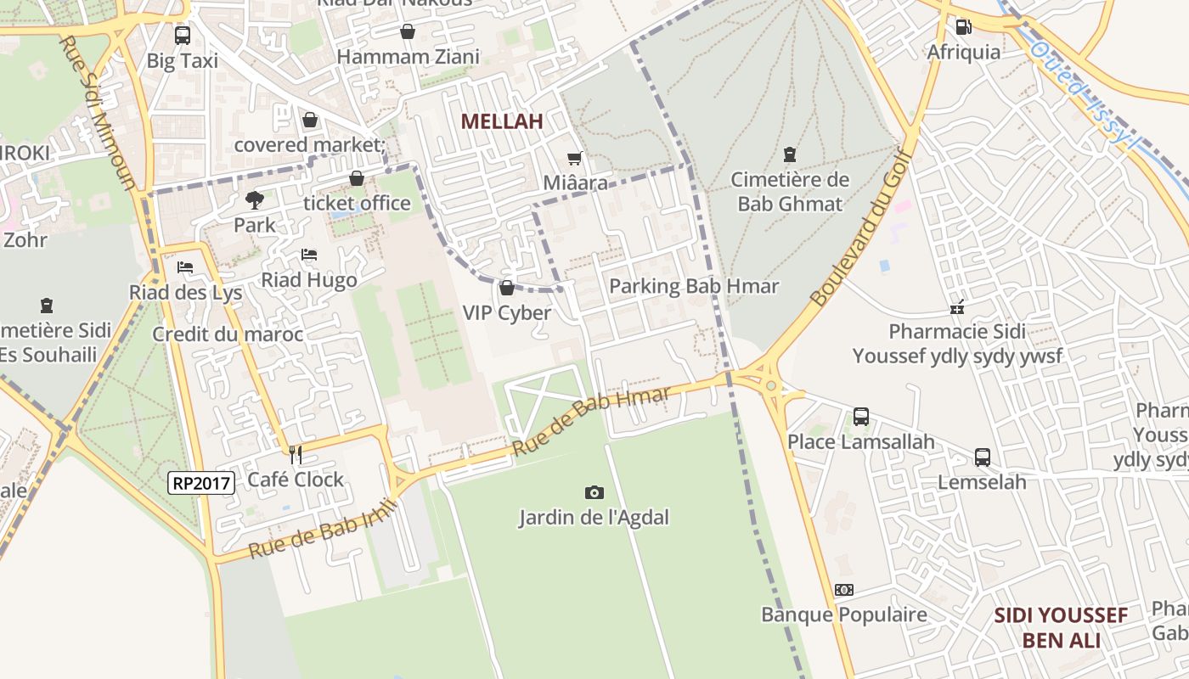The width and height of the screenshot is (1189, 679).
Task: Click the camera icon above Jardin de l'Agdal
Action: click(594, 492)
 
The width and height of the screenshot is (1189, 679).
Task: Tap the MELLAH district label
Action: click(501, 121)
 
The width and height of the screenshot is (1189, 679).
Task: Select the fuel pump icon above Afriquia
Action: click(963, 27)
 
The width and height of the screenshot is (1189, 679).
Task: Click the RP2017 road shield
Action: click(201, 483)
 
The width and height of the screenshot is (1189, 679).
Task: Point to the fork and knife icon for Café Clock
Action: click(296, 455)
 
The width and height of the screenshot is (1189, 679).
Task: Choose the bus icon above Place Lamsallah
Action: click(860, 417)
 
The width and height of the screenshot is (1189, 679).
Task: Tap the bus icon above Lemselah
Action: click(982, 457)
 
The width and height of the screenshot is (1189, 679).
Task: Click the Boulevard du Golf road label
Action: click(859, 228)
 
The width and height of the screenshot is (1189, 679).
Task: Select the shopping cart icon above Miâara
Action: click(575, 158)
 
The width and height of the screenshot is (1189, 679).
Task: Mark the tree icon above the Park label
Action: click(254, 200)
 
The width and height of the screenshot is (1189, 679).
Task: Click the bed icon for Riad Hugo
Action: click(309, 255)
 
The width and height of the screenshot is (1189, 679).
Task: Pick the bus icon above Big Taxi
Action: click(182, 36)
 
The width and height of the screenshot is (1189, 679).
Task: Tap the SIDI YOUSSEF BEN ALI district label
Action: click(1061, 627)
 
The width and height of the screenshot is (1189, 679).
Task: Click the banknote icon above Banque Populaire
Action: click(843, 590)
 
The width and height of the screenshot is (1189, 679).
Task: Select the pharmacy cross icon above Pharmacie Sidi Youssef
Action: click(957, 307)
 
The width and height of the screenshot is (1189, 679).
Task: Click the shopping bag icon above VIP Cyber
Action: click(507, 289)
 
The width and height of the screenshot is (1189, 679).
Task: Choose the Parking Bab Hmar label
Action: click(693, 286)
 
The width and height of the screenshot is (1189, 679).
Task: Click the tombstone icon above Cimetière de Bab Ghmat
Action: click(790, 154)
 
